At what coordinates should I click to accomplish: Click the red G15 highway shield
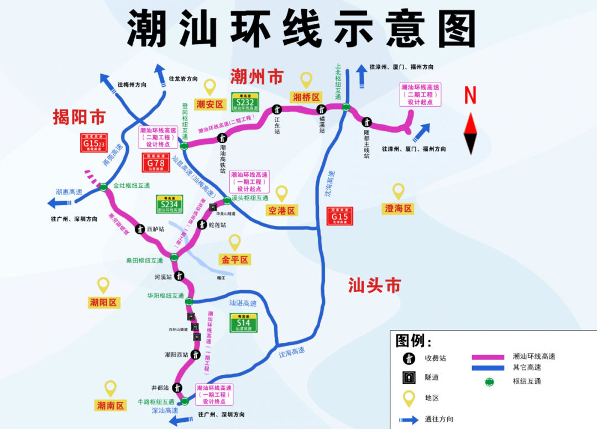(x=339, y=216)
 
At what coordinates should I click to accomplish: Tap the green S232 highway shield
(x=245, y=102)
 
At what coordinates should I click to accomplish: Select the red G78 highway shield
(x=156, y=163)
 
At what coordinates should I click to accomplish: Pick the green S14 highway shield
(x=243, y=323)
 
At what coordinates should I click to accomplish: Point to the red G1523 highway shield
(x=94, y=143)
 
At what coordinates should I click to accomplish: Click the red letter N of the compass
(x=470, y=96)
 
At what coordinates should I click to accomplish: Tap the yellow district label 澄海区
(x=398, y=208)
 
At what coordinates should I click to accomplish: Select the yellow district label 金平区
(x=235, y=259)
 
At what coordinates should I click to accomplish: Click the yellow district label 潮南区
(x=111, y=405)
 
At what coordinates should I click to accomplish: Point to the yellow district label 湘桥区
(x=306, y=97)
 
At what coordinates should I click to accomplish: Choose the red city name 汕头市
(x=374, y=285)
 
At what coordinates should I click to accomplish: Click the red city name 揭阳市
(x=79, y=117)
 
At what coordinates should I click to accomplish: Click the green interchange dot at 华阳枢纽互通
(x=189, y=301)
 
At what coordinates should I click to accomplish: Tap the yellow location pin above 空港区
(x=282, y=193)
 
